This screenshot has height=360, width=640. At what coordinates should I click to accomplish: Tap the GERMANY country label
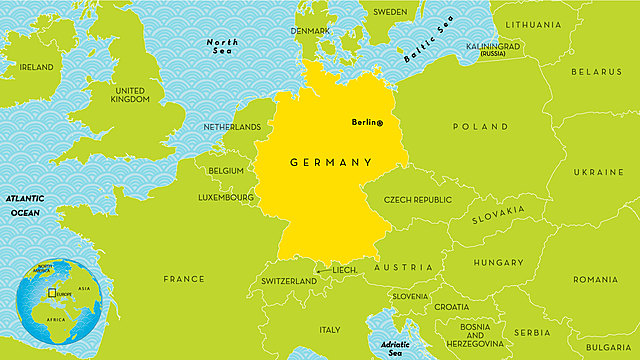[x=331, y=162]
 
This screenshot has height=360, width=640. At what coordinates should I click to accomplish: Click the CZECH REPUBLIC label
[x=418, y=199]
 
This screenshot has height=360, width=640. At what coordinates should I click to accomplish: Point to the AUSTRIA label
[x=404, y=267]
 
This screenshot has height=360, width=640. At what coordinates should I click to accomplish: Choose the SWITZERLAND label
[x=289, y=281]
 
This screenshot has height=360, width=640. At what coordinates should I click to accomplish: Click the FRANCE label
[x=184, y=279]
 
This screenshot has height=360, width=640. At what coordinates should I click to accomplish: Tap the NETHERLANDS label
[x=232, y=127]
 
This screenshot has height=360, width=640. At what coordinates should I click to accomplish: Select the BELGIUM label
[x=226, y=171]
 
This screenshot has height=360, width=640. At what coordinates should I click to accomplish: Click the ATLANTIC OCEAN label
[x=25, y=205]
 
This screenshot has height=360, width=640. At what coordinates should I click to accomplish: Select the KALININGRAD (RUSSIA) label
[x=493, y=48]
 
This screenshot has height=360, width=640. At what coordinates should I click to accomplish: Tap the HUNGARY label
[x=498, y=263]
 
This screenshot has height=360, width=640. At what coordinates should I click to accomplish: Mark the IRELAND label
[x=37, y=67]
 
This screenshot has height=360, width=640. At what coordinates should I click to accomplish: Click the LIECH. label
[x=344, y=269]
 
